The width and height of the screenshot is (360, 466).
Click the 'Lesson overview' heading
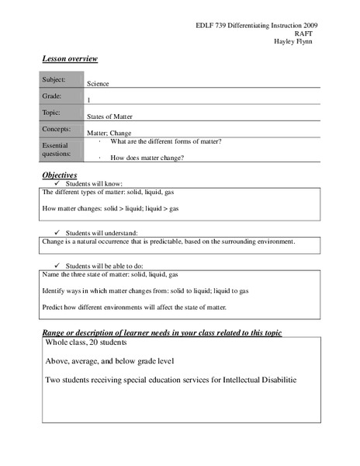pyautogui.click(x=69, y=59)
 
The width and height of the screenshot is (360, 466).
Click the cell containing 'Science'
pyautogui.click(x=99, y=83)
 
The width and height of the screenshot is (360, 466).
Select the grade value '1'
pyautogui.click(x=89, y=100)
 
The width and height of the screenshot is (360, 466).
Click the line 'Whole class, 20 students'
pyautogui.click(x=86, y=342)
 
